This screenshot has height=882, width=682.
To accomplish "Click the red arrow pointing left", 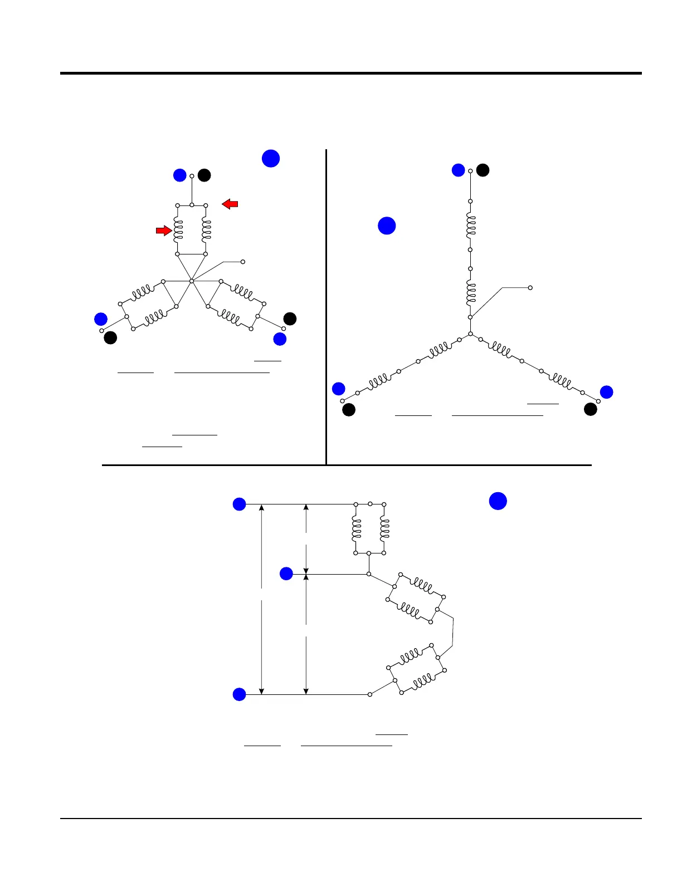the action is [x=230, y=204].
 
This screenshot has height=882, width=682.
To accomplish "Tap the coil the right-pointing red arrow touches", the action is [x=178, y=229].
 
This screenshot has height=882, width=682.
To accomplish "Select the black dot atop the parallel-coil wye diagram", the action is [x=204, y=175].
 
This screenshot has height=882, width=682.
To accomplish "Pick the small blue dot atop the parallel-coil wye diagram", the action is [x=179, y=175].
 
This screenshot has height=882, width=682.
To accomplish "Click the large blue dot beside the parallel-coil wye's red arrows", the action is [x=271, y=158].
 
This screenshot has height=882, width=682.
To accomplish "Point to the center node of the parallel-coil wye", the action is [x=191, y=281].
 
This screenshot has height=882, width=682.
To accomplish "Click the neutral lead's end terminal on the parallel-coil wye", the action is [x=242, y=262].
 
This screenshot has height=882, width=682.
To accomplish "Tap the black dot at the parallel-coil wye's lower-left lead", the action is [x=110, y=337].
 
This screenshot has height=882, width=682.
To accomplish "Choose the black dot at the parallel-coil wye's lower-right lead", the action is [x=290, y=318].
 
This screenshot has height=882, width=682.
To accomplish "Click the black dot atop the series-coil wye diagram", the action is [x=483, y=170].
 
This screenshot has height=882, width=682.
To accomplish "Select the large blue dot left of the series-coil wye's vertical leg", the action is [x=387, y=226].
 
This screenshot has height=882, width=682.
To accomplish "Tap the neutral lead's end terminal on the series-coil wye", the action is [x=530, y=288].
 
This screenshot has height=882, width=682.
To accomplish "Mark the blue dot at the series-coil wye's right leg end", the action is [x=606, y=392].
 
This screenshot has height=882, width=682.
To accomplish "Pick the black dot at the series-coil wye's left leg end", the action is [x=349, y=410].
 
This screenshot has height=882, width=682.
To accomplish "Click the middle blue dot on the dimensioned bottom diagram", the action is [x=286, y=574].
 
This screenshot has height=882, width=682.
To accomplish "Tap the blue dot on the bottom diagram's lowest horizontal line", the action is [x=239, y=694].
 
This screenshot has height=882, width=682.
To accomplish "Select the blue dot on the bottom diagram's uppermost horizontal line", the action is [x=239, y=504].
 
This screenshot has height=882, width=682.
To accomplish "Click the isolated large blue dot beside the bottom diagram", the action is [x=498, y=501].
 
